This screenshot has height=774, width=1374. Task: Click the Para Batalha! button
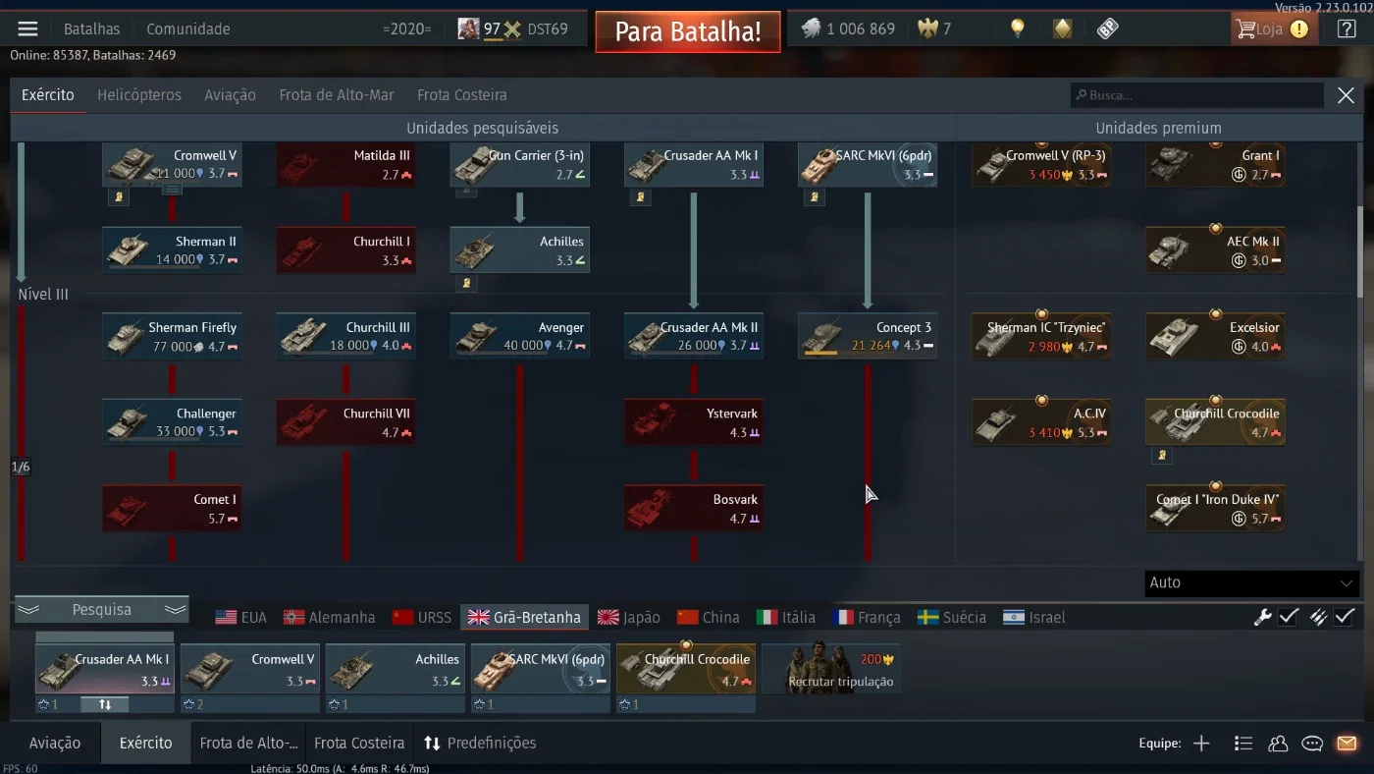pyautogui.click(x=688, y=31)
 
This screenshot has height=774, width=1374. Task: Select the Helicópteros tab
pyautogui.click(x=139, y=95)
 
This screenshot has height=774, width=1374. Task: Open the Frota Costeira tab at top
pyautogui.click(x=462, y=95)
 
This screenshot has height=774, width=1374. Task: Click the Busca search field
pyautogui.click(x=1196, y=95)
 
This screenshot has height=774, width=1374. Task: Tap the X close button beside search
pyautogui.click(x=1346, y=95)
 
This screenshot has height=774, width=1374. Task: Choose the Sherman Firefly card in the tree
pyautogui.click(x=172, y=336)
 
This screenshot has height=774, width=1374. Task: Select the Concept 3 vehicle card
pyautogui.click(x=868, y=336)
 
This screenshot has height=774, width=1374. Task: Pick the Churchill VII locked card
pyautogui.click(x=345, y=422)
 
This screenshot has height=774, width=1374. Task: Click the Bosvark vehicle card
pyautogui.click(x=694, y=508)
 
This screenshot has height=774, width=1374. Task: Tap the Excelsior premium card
pyautogui.click(x=1215, y=336)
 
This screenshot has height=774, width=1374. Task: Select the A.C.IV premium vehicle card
pyautogui.click(x=1041, y=422)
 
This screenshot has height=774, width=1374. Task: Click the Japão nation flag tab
pyautogui.click(x=629, y=618)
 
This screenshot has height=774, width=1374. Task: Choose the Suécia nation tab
pyautogui.click(x=951, y=618)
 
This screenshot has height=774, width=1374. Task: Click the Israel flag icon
pyautogui.click(x=1013, y=618)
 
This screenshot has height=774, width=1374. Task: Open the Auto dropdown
pyautogui.click(x=1251, y=582)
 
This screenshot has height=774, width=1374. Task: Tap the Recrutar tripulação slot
pyautogui.click(x=831, y=669)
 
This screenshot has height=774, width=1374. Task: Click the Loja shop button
pyautogui.click(x=1274, y=28)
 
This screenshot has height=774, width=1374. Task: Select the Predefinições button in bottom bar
pyautogui.click(x=480, y=744)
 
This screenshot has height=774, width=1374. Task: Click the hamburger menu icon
pyautogui.click(x=27, y=28)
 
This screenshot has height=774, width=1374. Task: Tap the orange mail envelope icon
pyautogui.click(x=1347, y=744)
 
